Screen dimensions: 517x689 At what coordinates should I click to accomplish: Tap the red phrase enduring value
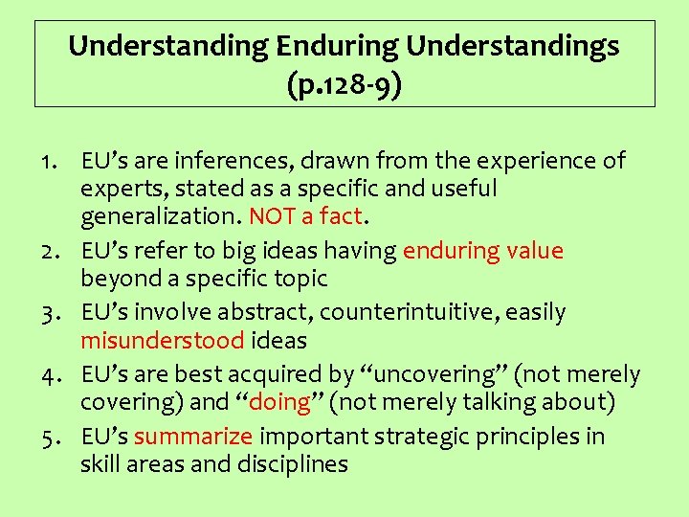pos(483,251)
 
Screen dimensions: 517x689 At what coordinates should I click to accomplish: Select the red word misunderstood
pos(164,340)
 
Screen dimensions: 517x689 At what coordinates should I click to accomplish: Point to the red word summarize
pos(193,437)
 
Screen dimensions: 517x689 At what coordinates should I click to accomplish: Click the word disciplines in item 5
pos(294,464)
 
